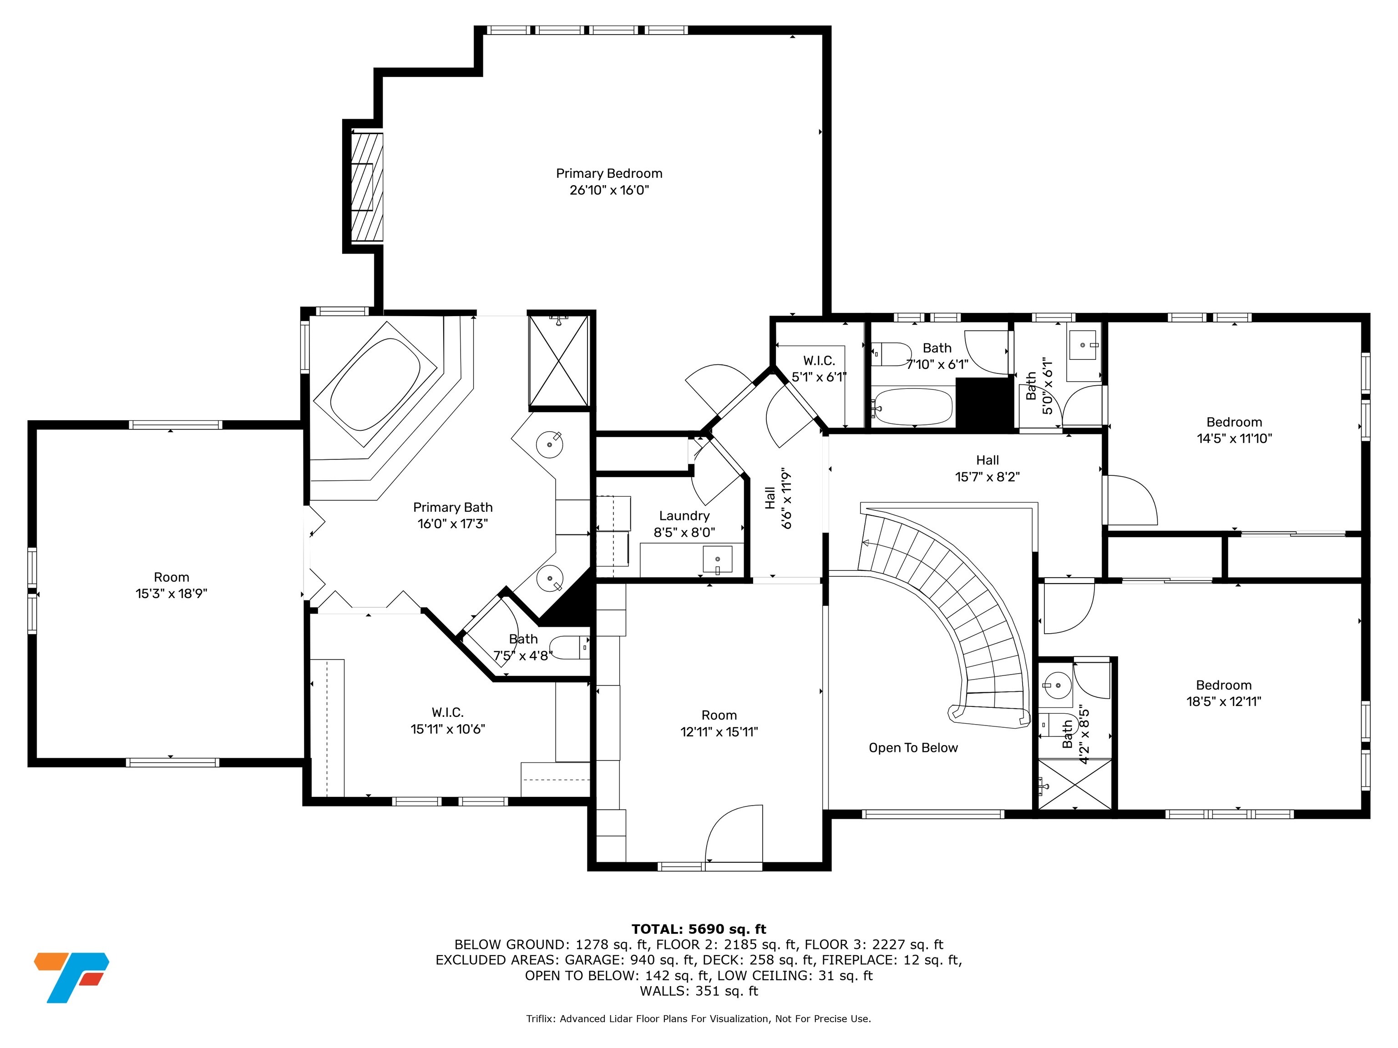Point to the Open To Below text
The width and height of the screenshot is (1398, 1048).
(913, 748)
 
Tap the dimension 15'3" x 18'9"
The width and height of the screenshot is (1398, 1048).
(171, 594)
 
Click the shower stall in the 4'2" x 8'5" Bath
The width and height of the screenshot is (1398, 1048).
(1075, 784)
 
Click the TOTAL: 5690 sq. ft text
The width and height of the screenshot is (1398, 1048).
(699, 929)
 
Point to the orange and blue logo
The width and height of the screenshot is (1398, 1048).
(71, 977)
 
